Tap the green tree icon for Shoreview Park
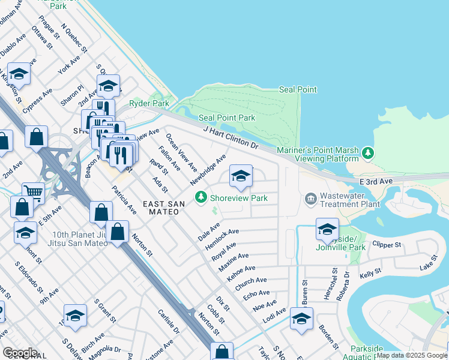tap(202, 197)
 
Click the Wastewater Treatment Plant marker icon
tap(311, 197)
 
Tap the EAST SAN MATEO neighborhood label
tap(164, 208)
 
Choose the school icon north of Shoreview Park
tap(241, 176)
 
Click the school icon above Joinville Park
tap(327, 229)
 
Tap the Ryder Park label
tap(149, 103)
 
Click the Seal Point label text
tap(298, 89)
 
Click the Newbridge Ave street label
tap(208, 170)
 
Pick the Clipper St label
tap(386, 245)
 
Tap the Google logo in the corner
tap(20, 353)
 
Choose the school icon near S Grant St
tap(76, 315)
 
